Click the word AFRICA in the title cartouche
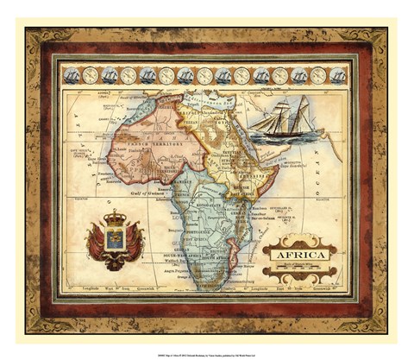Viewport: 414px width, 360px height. pyautogui.click(x=298, y=256)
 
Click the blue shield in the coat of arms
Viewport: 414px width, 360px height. pyautogui.click(x=116, y=239)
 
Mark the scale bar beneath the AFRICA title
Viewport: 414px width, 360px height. pyautogui.click(x=298, y=269)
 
